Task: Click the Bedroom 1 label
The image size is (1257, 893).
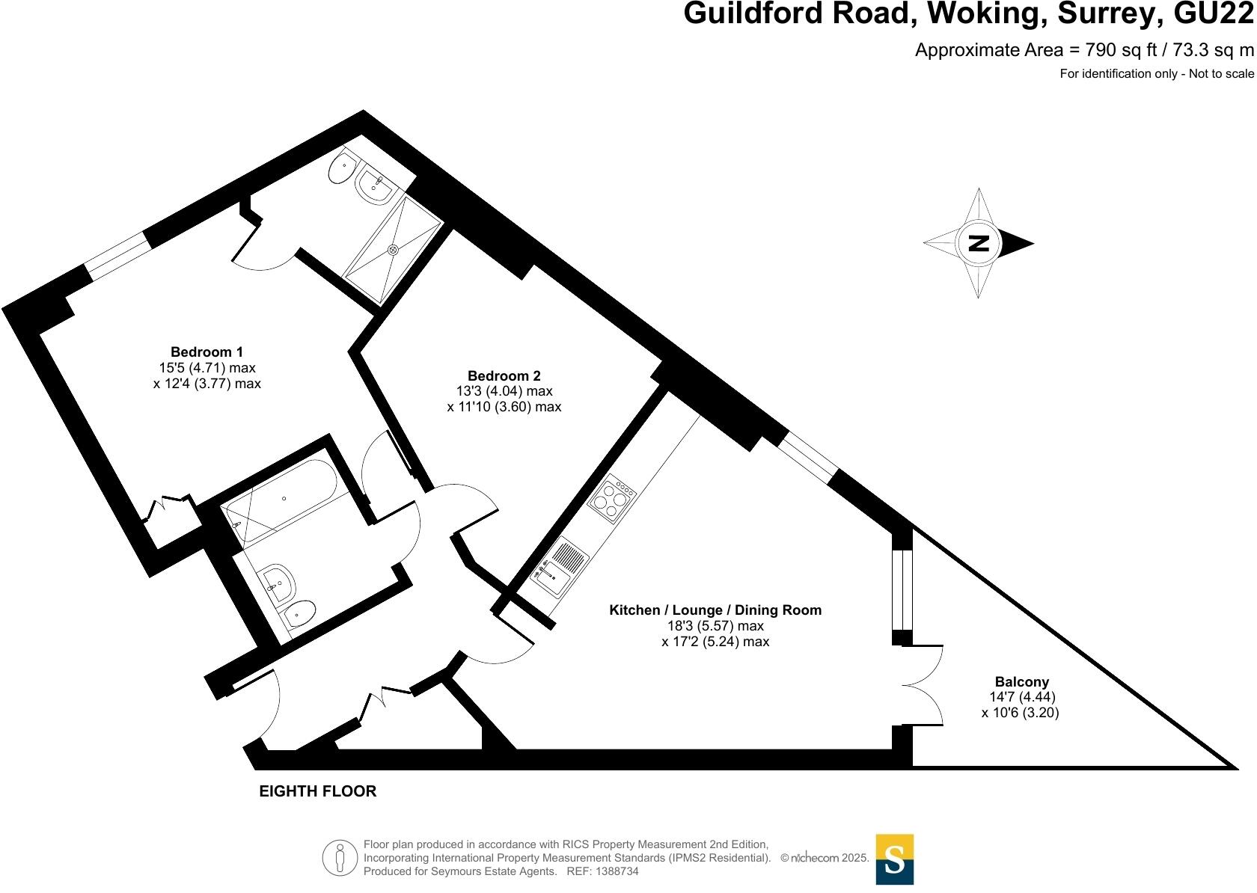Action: point(207,352)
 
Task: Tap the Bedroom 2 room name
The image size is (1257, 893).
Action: point(504,375)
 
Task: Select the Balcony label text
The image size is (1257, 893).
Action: point(1022,682)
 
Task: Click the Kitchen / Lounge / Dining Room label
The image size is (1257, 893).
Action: point(715,610)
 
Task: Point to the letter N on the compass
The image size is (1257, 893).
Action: point(979,244)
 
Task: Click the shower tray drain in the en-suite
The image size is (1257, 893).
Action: point(394,250)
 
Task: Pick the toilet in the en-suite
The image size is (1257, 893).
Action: point(342,168)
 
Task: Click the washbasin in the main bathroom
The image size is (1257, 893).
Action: point(277,585)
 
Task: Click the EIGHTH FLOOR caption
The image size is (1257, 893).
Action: point(317,791)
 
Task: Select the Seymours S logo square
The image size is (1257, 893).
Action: point(895,859)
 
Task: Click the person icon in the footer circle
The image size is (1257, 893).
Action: point(340,859)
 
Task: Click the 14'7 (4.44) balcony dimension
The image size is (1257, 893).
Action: point(1022,697)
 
